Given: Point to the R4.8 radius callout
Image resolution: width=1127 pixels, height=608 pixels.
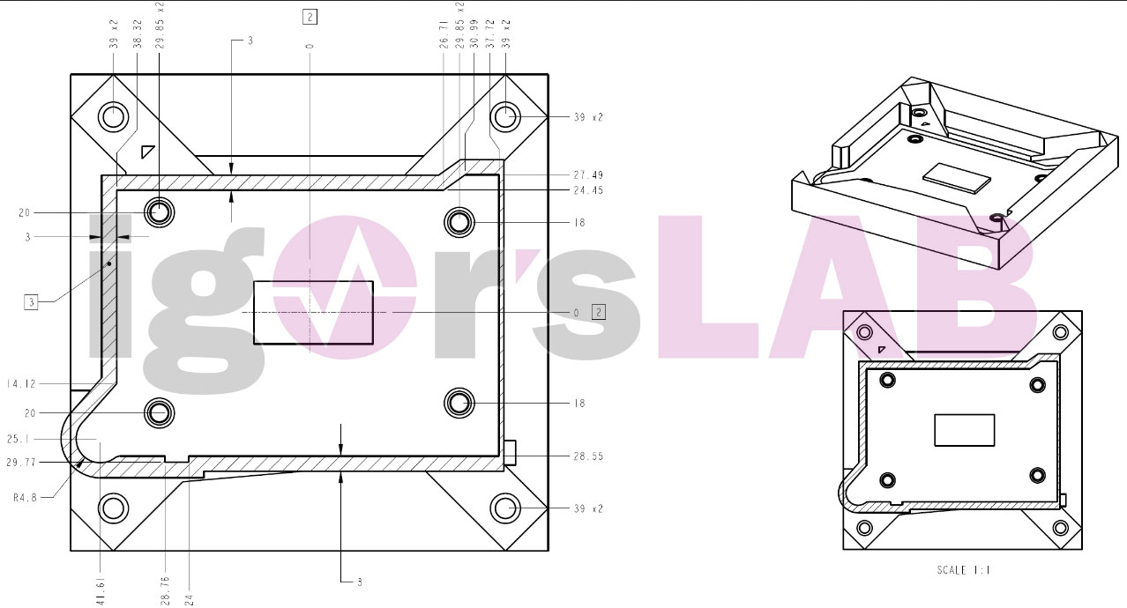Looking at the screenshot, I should coord(26,497).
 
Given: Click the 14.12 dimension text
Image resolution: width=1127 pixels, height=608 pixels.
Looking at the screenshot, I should coord(19,383).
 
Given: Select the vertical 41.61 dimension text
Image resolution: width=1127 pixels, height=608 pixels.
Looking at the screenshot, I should coord(100,586).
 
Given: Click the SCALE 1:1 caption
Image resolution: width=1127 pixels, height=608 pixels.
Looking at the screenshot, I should coord(963,571).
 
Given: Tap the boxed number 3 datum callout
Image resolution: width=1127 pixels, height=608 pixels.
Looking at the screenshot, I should coord(31,303).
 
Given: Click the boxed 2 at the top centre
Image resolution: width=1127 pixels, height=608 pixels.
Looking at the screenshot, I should coord(310,15).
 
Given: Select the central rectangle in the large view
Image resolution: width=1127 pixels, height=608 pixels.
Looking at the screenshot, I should coord(313,312).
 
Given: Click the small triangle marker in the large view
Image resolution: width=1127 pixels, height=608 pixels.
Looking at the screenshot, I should coord(147,152).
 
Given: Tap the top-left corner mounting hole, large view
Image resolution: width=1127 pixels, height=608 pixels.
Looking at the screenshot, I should coord(113,115).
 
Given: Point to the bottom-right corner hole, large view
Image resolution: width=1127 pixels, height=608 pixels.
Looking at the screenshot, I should coord(505,508).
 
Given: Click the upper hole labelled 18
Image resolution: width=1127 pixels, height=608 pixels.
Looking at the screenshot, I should coord(459,222).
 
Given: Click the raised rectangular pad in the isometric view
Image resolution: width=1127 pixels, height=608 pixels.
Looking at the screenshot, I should coord(956,176).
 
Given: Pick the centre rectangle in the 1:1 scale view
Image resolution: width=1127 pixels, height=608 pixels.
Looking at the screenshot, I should coord(964,430).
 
